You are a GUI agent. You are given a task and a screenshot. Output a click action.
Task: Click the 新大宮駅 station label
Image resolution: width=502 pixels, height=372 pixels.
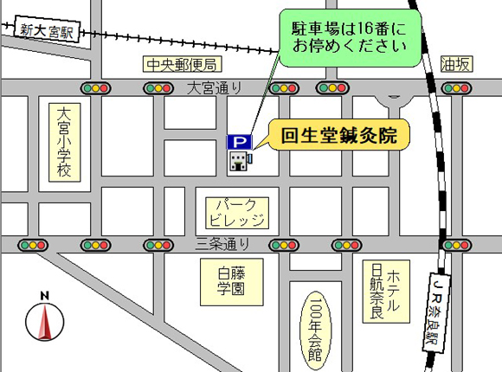coord(47,29)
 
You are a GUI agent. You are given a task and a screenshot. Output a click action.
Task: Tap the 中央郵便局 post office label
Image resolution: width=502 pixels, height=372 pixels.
coord(182,64)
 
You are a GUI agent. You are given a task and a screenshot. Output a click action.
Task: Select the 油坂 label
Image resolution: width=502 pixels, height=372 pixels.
coord(456,64)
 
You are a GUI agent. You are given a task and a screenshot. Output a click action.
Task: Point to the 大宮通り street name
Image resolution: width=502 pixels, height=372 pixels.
coord(214,87)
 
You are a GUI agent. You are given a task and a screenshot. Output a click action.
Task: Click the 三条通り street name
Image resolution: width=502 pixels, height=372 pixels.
coord(222,244)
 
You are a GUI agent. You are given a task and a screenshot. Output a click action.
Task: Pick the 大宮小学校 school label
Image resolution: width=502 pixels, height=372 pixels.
coord(64,143)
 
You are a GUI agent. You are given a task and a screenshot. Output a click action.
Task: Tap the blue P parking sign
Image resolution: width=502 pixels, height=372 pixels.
coord(239,142)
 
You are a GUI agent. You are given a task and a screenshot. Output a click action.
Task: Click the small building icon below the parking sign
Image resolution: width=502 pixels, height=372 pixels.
coord(241,161)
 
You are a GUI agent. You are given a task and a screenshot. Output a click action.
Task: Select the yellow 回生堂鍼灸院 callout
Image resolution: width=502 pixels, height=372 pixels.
coord(338,135)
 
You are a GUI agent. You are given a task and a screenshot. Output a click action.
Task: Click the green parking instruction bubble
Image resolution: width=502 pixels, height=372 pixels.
coord(350,38)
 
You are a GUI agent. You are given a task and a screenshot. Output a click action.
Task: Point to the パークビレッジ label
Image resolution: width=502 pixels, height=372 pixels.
coord(237,213)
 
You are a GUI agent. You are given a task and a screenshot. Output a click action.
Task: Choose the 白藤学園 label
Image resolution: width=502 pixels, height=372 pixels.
coord(232,282)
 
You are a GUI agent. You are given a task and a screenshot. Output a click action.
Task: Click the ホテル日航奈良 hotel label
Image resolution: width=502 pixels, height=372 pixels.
coord(386,292)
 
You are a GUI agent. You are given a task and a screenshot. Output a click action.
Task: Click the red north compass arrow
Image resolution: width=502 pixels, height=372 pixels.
coord(44,322)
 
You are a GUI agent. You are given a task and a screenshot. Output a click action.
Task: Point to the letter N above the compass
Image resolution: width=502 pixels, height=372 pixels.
coord(45,296)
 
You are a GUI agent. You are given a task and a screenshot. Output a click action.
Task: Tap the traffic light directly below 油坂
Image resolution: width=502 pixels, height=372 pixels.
coord(456,88)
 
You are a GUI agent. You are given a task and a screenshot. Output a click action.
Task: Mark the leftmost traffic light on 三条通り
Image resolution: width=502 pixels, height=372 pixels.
coord(33,246)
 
